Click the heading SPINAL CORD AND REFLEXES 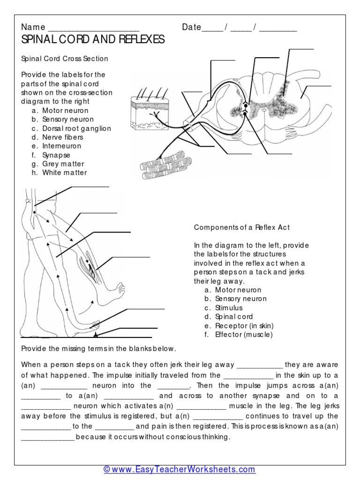point(93,40)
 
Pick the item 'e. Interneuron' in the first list point(61,146)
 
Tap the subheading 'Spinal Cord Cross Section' point(65,59)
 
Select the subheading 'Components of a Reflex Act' point(242,227)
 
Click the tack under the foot point(96,335)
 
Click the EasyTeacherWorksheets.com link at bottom point(180,469)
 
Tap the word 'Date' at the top point(191,27)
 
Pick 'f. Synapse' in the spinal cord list point(56,155)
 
